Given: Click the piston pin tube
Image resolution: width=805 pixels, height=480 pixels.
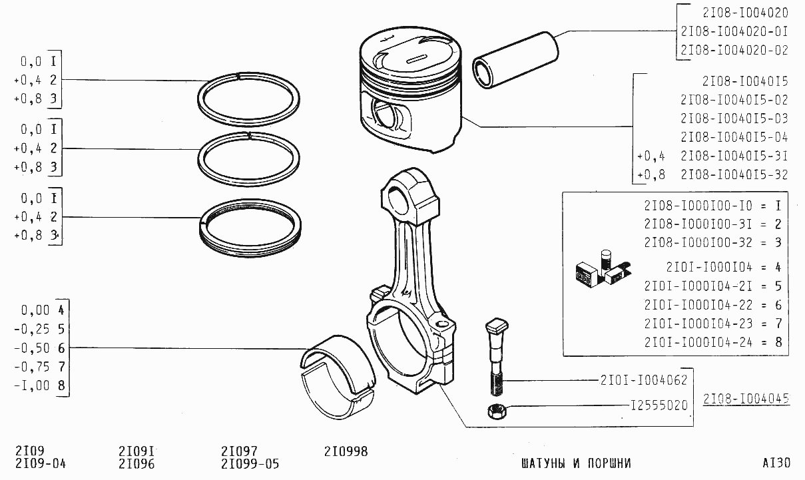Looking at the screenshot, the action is [515, 60].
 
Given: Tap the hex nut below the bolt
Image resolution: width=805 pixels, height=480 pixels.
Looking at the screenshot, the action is [497, 411].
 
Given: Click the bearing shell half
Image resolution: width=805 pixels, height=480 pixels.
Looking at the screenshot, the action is [338, 377].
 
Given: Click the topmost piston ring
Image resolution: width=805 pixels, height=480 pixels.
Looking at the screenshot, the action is [248, 99].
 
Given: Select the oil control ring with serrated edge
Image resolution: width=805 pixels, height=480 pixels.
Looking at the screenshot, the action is [250, 228].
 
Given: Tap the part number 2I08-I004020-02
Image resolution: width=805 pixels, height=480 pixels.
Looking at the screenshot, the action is [734, 50].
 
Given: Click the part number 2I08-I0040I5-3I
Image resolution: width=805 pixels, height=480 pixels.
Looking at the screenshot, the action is [734, 156].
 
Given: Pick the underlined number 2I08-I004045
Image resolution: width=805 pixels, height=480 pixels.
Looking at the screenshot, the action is [746, 398].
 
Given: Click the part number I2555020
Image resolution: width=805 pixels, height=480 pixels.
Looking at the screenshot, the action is [659, 405].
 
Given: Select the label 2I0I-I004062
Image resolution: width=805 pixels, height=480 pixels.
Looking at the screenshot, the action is [644, 379].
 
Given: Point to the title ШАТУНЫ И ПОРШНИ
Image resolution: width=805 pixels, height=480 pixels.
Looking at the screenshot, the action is [576, 463].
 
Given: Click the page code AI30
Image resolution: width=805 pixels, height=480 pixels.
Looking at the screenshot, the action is [776, 463].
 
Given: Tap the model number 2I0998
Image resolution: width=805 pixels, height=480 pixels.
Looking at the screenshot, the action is [346, 451].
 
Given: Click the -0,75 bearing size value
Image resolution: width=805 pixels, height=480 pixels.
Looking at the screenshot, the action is [31, 367].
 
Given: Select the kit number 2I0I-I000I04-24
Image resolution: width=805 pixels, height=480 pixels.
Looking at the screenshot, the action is [698, 342].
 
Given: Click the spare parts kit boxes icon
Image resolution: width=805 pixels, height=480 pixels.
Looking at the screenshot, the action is [603, 269].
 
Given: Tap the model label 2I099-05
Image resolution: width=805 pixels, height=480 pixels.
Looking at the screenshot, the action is [250, 464].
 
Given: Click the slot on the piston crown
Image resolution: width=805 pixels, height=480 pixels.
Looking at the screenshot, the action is [417, 59].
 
